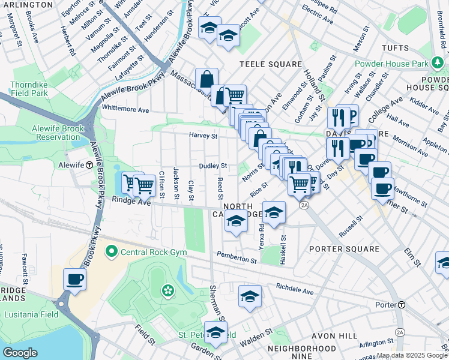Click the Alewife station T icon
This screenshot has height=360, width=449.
[89, 164]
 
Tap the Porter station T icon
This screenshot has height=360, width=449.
[402, 305]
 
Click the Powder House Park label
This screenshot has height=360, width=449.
[391, 64]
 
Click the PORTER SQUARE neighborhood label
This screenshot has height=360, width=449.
[344, 248]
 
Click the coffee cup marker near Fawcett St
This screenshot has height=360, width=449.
[75, 279]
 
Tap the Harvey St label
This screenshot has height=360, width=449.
[203, 136]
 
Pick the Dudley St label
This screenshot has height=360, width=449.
[213, 166]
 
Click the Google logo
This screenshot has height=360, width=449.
[20, 353]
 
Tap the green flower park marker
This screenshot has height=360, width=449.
[167, 292]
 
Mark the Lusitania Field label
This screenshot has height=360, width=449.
[31, 314]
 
